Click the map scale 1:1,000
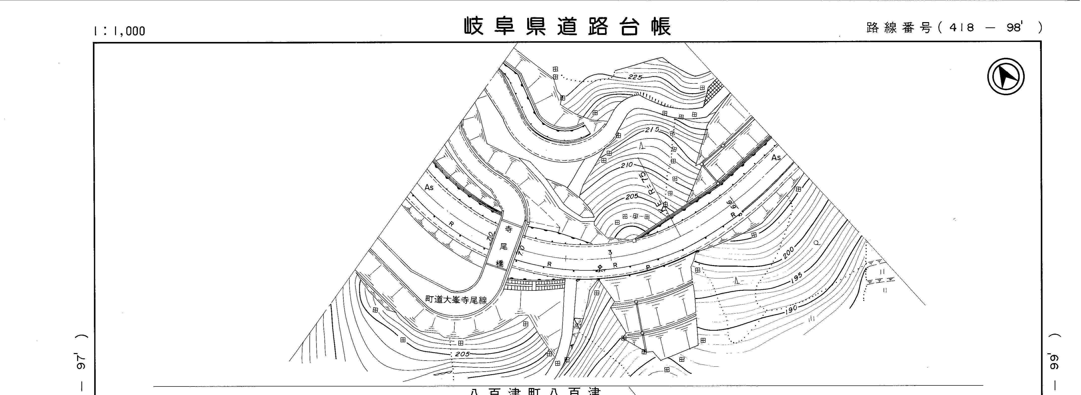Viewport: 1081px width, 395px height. tap(120, 31)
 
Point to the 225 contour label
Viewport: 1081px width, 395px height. tap(636, 77)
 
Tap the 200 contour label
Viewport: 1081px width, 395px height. tap(789, 252)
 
